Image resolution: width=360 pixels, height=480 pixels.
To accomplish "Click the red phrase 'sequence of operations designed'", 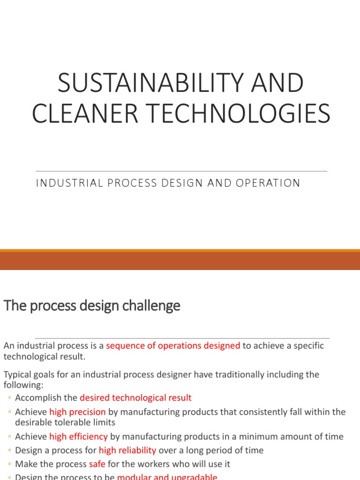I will [173, 346].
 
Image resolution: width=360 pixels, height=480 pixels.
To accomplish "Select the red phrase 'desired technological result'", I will [135, 398].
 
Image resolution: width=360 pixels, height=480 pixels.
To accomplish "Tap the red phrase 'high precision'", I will [77, 412].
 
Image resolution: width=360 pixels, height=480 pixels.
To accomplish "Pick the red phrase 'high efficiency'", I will [78, 436].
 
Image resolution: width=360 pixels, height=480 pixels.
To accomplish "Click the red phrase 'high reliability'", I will [127, 450].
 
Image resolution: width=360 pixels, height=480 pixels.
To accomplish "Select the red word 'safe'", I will [97, 465].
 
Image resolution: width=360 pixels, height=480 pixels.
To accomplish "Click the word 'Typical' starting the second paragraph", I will [17, 375].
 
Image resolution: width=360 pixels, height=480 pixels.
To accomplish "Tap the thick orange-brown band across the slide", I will [180, 261].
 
